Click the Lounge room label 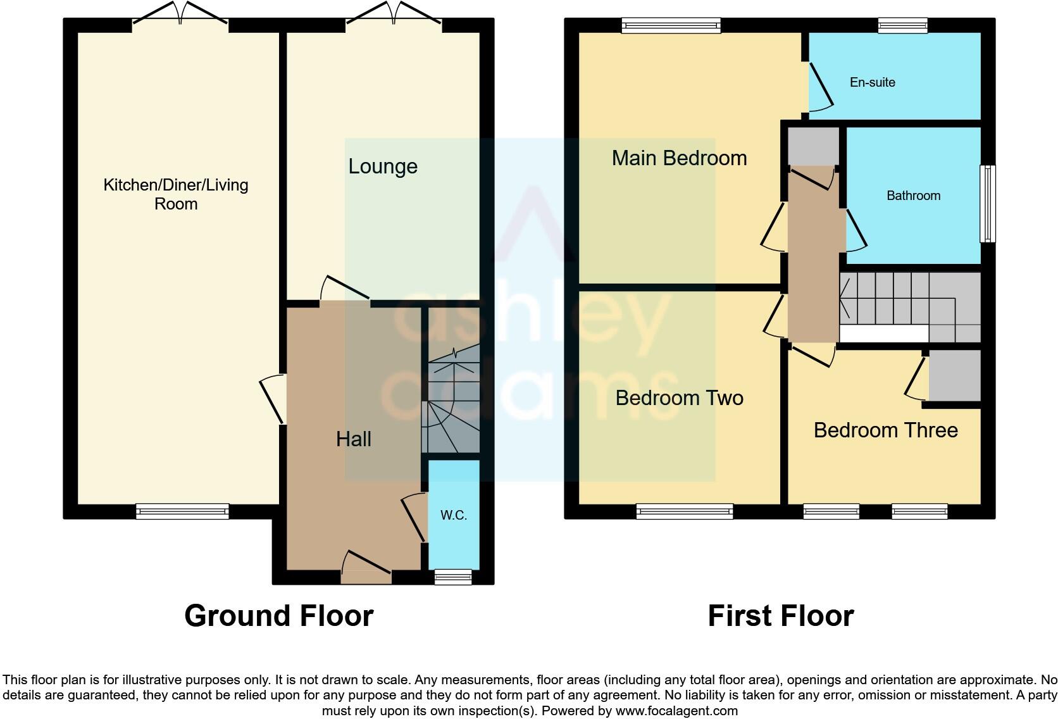tap(383, 166)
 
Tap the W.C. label tap(454, 515)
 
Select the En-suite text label tap(872, 82)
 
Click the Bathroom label tap(913, 196)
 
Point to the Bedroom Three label tap(885, 430)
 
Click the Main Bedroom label tap(679, 158)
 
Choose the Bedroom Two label tap(679, 398)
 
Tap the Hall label tap(353, 439)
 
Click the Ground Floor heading tap(278, 615)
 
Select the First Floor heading tap(780, 615)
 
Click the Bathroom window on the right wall tap(987, 204)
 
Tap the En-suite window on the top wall tap(902, 25)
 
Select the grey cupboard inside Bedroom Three tap(954, 376)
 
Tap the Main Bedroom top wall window tap(671, 25)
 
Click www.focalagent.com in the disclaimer tap(676, 711)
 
